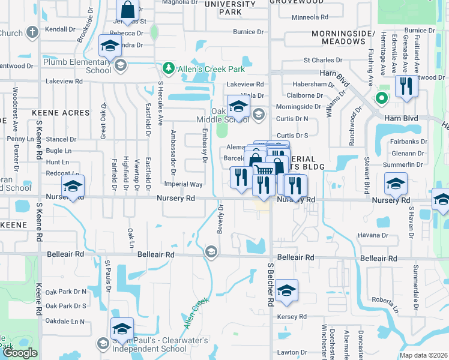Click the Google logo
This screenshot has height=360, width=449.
click(x=20, y=353)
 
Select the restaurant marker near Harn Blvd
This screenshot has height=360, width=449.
click(x=406, y=86)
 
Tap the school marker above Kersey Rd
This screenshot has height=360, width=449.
click(x=287, y=291)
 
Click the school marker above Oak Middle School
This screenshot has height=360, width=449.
click(x=238, y=107)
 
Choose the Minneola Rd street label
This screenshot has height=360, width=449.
click(x=309, y=18)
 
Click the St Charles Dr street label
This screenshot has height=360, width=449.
click(x=323, y=61)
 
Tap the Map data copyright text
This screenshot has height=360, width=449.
click(x=423, y=355)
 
